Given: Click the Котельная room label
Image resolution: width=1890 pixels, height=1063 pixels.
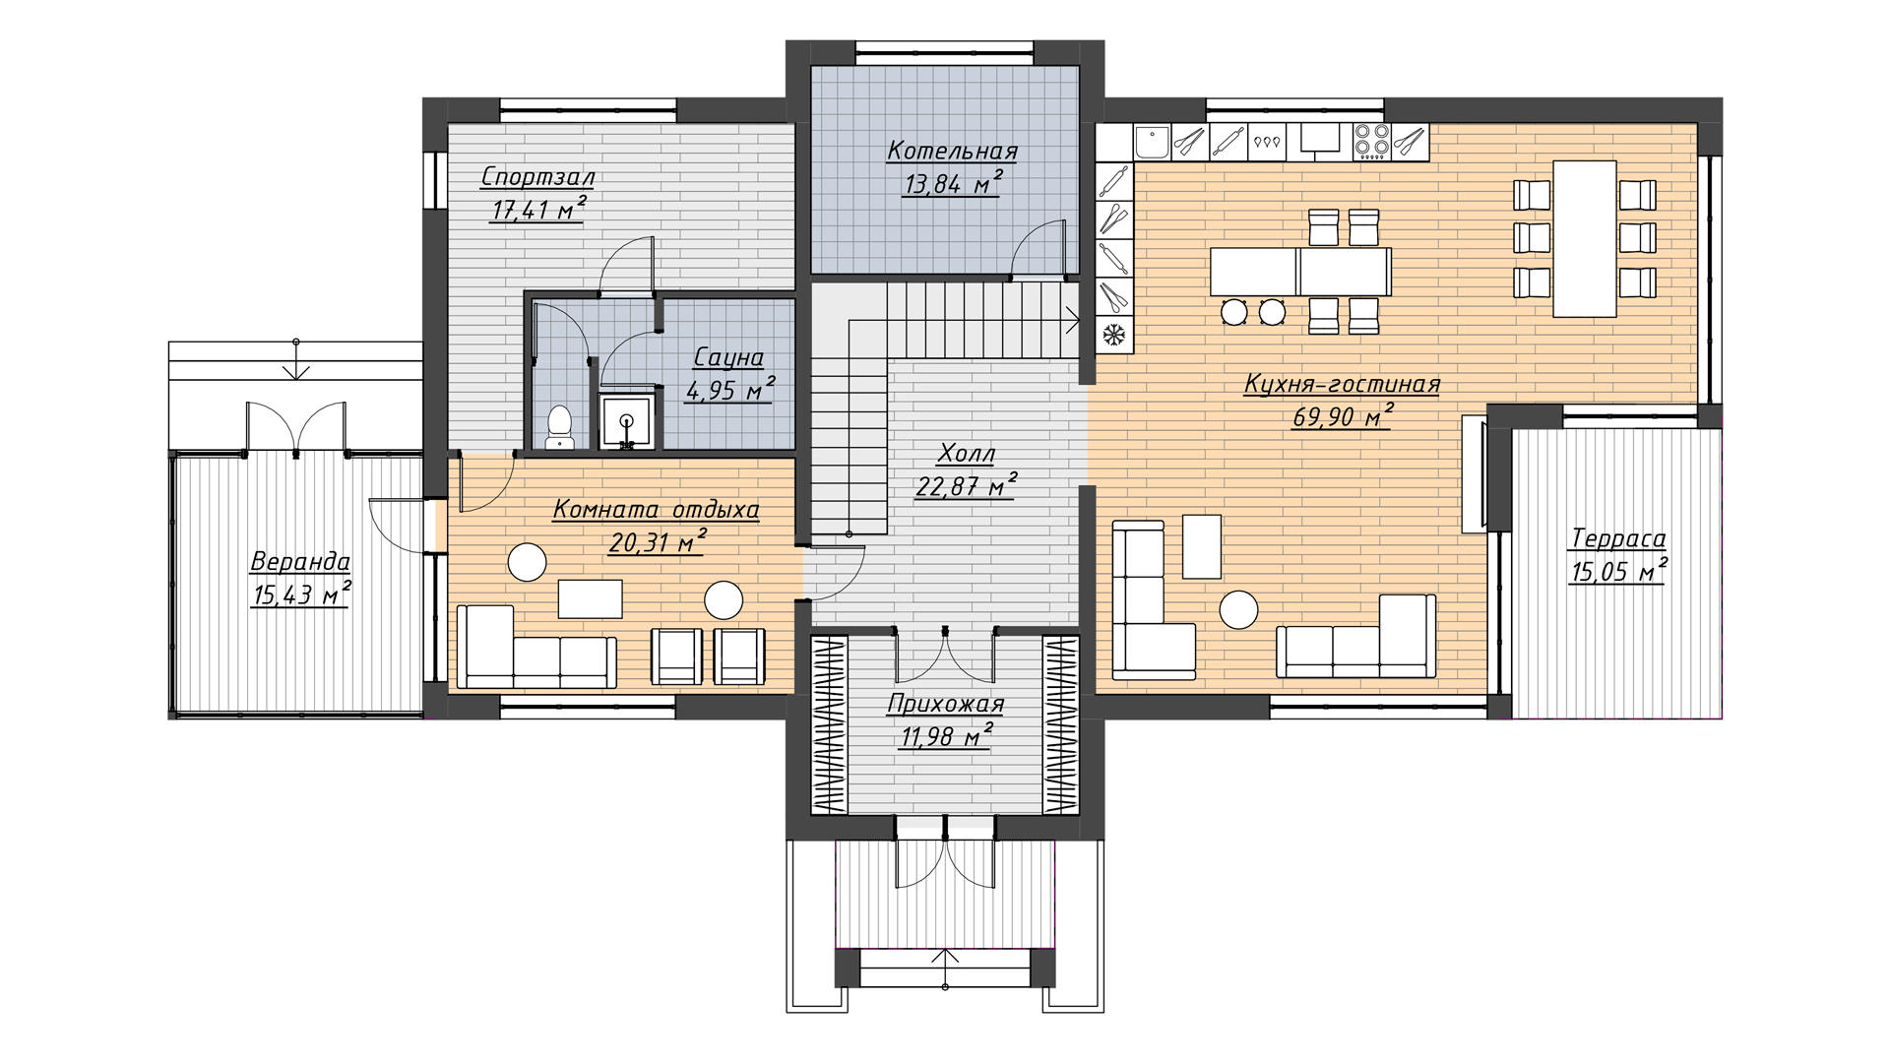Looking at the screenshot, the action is [952, 151].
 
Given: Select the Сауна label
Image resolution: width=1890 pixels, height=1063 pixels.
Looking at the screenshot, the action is [728, 356].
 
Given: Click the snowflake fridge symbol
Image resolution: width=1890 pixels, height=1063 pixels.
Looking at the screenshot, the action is [1114, 335].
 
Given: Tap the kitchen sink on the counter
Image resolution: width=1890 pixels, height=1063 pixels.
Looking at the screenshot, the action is [1151, 142].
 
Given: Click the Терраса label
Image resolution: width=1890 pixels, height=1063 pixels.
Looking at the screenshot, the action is [1617, 538].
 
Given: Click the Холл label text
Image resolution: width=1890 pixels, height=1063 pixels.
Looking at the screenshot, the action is [966, 454].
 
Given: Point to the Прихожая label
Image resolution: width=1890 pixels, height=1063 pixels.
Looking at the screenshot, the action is [945, 704].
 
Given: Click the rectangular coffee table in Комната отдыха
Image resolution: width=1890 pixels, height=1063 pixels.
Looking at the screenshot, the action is [590, 598].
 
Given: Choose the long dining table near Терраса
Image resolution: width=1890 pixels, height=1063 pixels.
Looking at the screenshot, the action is [1585, 239].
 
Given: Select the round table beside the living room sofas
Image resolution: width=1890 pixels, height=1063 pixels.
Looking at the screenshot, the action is [1238, 610].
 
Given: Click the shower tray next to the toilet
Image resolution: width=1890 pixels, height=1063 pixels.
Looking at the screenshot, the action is [627, 422].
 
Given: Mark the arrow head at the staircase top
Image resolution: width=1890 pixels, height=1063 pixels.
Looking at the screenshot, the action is [1074, 318].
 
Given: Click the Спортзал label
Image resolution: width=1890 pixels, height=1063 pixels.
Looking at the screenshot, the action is [537, 177].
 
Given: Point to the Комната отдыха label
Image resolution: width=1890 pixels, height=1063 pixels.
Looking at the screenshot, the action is [656, 509].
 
